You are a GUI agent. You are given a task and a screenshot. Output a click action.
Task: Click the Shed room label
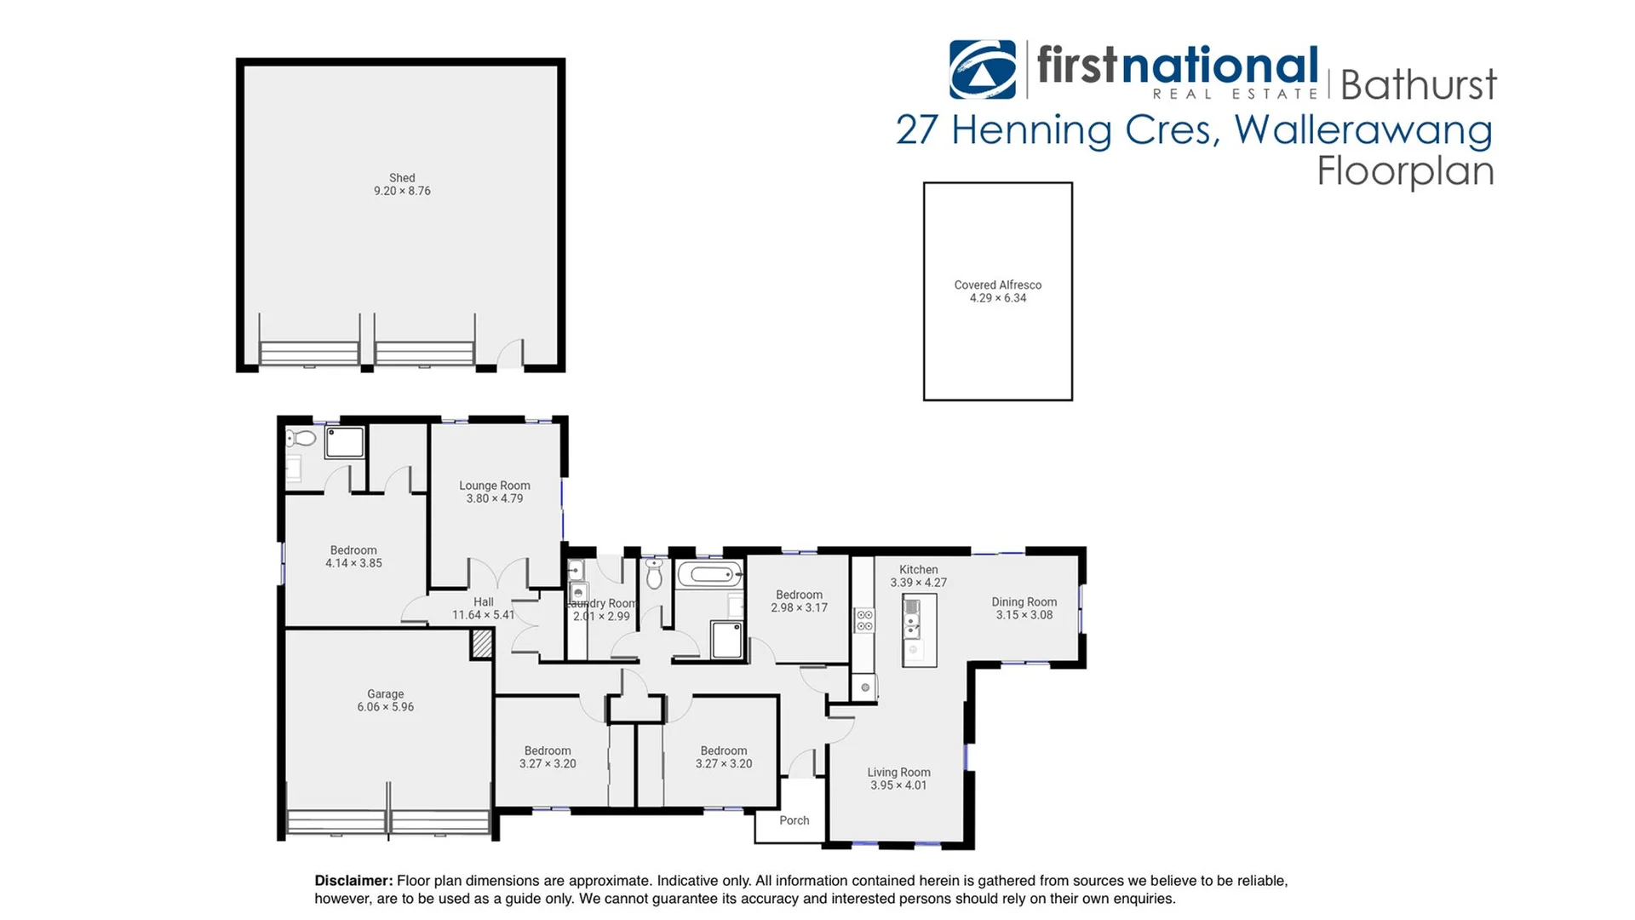point(402,178)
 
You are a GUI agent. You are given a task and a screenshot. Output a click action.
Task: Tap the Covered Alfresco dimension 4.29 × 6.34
point(997,298)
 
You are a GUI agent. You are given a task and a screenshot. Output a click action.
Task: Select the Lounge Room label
point(494,486)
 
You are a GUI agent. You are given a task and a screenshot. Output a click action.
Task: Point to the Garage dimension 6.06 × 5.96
point(385,707)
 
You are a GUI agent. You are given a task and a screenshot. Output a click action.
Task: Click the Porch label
point(794,820)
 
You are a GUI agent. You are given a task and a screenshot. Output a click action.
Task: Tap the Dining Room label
point(1024,602)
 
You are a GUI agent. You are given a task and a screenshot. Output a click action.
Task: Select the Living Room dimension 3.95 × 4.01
point(898,785)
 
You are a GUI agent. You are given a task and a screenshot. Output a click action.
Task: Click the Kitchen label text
point(918,570)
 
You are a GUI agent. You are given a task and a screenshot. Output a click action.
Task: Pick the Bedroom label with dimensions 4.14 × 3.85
point(353,550)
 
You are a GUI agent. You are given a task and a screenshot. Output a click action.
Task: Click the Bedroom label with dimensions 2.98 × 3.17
point(799,595)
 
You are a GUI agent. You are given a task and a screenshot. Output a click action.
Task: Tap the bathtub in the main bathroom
point(709,574)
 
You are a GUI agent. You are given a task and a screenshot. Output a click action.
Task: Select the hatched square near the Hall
point(482,643)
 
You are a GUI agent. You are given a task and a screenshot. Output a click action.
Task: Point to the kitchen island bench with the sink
point(919,630)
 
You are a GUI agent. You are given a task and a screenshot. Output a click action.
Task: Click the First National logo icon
point(982,70)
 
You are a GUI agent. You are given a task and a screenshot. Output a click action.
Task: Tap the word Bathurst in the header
point(1418,85)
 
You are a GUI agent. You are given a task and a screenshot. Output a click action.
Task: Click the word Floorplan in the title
point(1405,170)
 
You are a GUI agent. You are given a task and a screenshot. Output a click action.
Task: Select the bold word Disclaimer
point(353,881)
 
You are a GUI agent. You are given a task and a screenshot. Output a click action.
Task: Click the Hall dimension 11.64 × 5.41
point(483,615)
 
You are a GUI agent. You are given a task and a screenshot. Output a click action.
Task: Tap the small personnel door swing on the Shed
point(511,354)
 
